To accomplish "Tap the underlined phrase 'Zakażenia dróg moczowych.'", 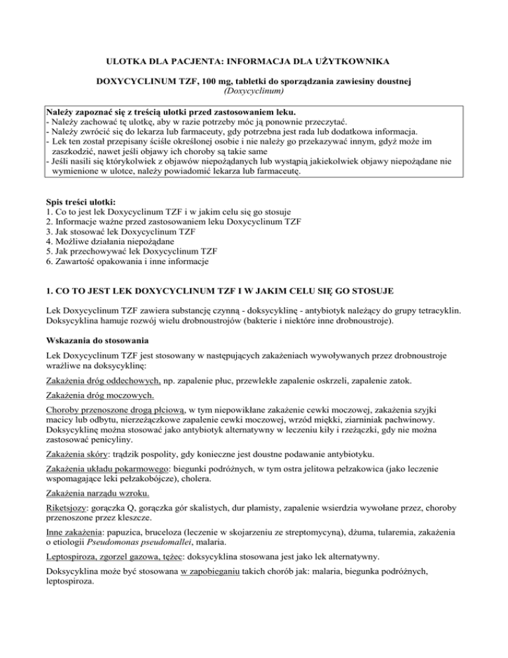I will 101,396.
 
